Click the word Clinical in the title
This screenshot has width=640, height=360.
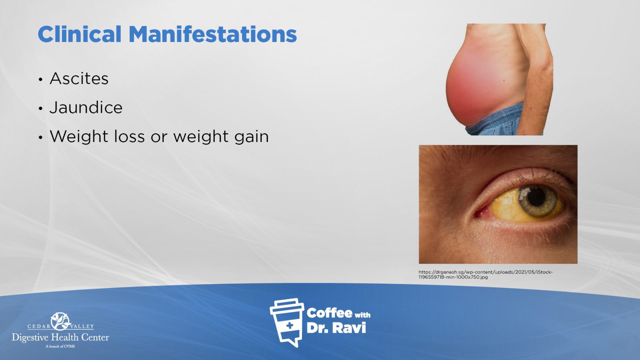click(80, 34)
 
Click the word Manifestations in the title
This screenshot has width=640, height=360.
click(213, 34)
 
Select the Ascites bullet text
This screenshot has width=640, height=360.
click(79, 78)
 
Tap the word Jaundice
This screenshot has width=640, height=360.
click(86, 108)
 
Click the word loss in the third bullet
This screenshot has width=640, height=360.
click(130, 136)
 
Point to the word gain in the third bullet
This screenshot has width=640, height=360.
click(252, 137)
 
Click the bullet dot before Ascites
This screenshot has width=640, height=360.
click(40, 80)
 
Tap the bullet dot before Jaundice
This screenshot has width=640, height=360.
click(40, 108)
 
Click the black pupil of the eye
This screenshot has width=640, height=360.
click(536, 198)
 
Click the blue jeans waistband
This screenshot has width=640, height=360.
click(497, 120)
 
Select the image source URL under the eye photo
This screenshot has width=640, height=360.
click(486, 274)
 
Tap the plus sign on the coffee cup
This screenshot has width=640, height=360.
click(290, 326)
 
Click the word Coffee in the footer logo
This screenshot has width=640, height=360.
click(329, 313)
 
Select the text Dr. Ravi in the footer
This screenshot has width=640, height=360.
click(336, 328)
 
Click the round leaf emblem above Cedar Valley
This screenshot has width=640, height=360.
click(60, 321)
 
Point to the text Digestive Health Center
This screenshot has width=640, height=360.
click(60, 338)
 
